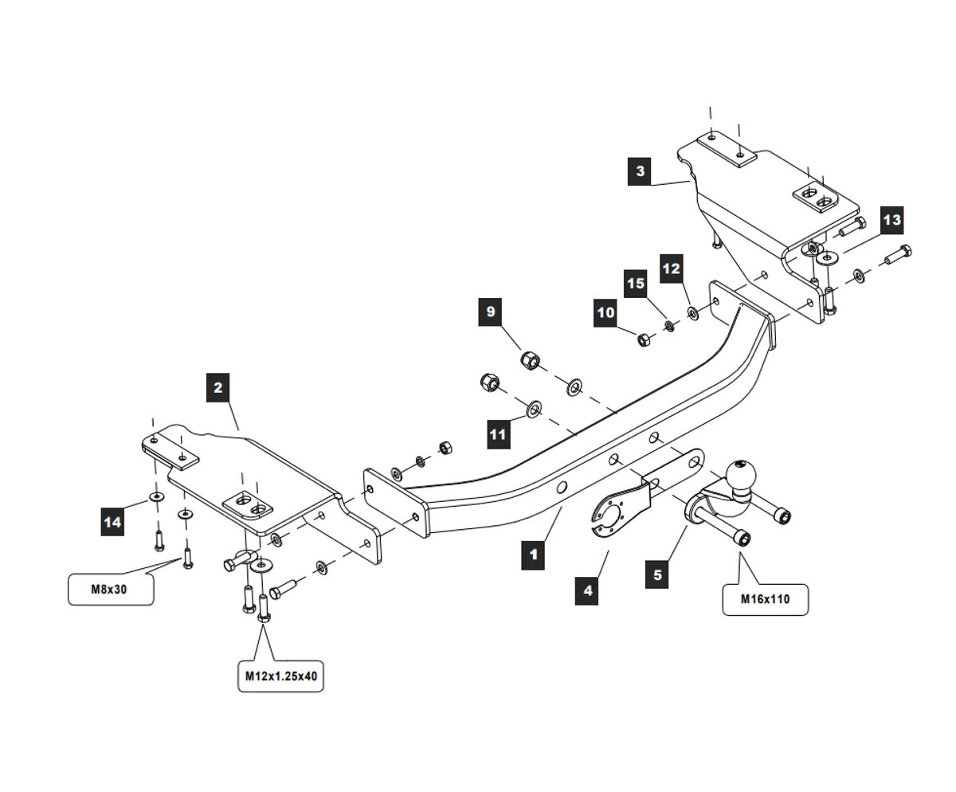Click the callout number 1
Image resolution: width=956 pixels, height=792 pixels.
pyautogui.click(x=533, y=555)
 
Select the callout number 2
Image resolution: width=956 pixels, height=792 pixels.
pyautogui.click(x=217, y=388)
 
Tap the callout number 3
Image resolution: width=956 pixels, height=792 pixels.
pyautogui.click(x=640, y=171)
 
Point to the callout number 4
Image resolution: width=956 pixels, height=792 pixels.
pyautogui.click(x=587, y=590)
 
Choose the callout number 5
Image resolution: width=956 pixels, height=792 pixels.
pyautogui.click(x=656, y=574)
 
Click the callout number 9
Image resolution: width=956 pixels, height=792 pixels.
pyautogui.click(x=491, y=312)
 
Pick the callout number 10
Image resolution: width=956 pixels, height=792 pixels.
pyautogui.click(x=605, y=312)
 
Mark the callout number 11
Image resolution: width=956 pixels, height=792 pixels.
pyautogui.click(x=498, y=434)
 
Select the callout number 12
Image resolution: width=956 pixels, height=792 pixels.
pyautogui.click(x=672, y=269)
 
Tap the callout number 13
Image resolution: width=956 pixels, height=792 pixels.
pyautogui.click(x=891, y=220)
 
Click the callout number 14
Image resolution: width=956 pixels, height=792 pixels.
pyautogui.click(x=112, y=522)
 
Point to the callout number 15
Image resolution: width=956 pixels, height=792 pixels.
pyautogui.click(x=635, y=284)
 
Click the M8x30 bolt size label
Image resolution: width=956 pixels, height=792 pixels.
pyautogui.click(x=111, y=590)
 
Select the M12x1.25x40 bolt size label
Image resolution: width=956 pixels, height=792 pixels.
pyautogui.click(x=280, y=676)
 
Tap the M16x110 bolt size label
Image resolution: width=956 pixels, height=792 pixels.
pyautogui.click(x=765, y=599)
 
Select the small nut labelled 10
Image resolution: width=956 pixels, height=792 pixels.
pyautogui.click(x=644, y=339)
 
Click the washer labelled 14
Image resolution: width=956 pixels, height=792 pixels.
pyautogui.click(x=156, y=498)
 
